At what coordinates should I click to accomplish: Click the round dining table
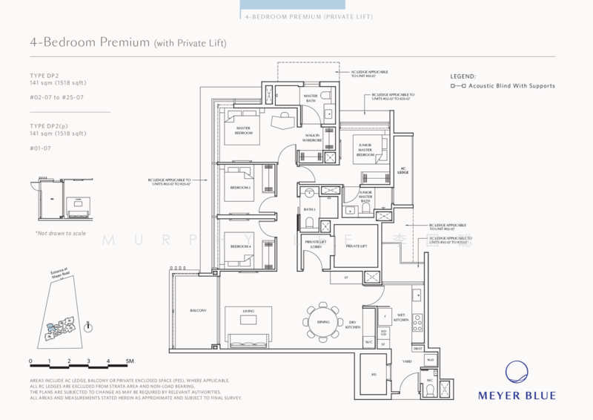322,321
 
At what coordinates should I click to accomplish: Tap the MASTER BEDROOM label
242,130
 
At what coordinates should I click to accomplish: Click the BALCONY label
198,310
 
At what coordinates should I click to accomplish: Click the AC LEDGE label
404,171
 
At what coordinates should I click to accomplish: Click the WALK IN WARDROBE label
312,137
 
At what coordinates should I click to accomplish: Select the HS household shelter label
374,375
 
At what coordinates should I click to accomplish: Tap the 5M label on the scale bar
129,361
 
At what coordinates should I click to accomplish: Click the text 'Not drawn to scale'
61,233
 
